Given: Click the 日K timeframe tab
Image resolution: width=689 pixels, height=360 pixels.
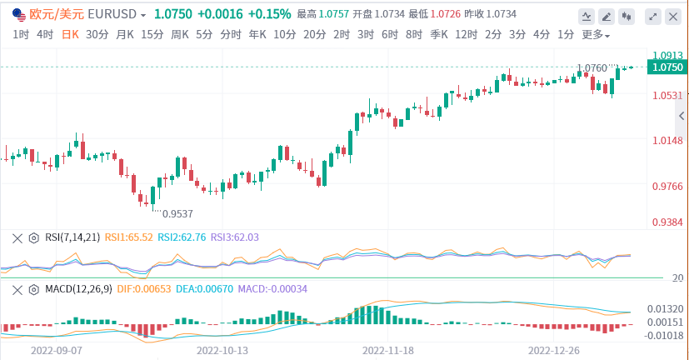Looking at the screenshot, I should tap(71, 34).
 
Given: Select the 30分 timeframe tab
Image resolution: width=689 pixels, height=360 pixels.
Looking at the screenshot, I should tap(97, 34).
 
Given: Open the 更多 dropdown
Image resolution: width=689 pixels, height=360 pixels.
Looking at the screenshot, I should tap(595, 35).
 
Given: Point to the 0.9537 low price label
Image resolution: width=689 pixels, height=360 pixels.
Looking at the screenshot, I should tap(177, 213).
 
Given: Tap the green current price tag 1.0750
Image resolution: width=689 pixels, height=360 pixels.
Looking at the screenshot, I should tap(668, 67).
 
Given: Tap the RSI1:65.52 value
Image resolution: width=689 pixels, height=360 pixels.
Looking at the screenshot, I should tap(128, 237).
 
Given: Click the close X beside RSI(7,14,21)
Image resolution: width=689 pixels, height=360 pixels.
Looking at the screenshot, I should tap(17, 237).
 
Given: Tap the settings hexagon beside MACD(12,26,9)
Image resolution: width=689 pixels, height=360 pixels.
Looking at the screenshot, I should tap(34, 288).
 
